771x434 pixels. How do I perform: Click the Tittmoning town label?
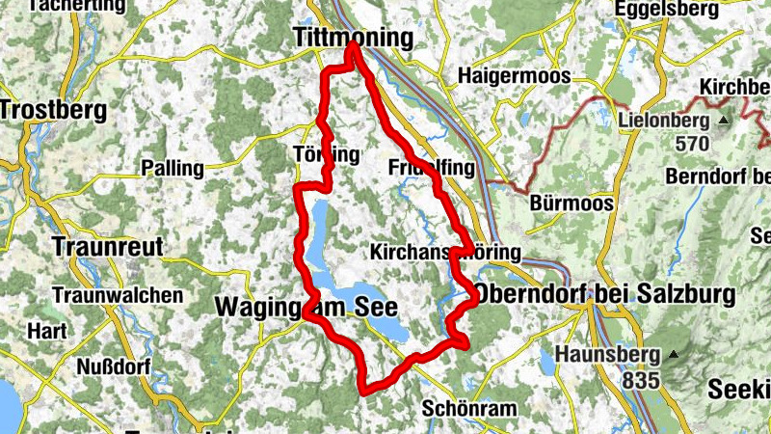[352, 38]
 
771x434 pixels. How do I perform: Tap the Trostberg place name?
[53, 110]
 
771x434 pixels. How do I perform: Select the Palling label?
[173, 168]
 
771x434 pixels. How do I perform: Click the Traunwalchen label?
[119, 294]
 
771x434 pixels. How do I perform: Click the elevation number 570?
[691, 144]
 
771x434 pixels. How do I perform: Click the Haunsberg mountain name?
[613, 355]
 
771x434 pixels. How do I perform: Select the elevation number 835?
[641, 380]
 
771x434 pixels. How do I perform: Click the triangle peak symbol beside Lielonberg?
[723, 121]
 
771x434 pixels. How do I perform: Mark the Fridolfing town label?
[432, 168]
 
